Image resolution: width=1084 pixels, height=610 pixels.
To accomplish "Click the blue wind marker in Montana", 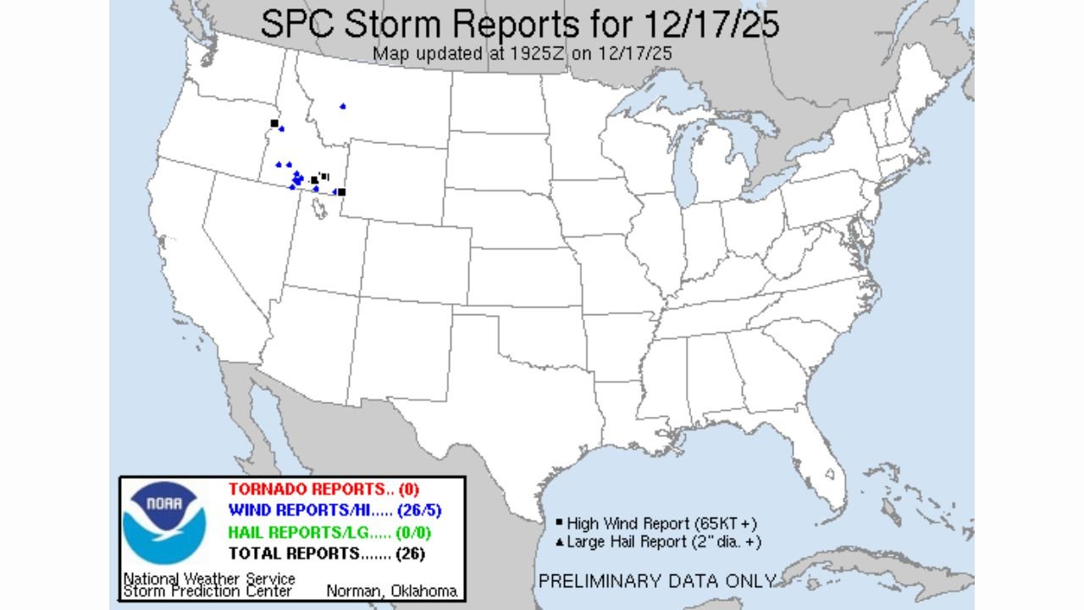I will click(343, 106).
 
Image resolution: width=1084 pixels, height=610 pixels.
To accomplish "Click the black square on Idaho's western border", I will click(274, 124).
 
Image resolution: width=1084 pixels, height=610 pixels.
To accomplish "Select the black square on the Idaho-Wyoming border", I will click(341, 192).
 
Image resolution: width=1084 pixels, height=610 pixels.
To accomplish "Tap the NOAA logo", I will click(164, 524).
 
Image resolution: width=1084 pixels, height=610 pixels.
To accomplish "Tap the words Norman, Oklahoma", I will click(391, 591).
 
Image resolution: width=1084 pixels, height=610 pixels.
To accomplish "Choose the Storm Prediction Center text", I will click(207, 591).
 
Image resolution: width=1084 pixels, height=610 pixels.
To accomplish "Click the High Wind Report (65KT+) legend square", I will click(560, 523).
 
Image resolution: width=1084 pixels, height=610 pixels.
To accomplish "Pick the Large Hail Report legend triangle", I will click(560, 541).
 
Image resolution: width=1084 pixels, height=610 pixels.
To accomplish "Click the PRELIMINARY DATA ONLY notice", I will click(657, 581).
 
